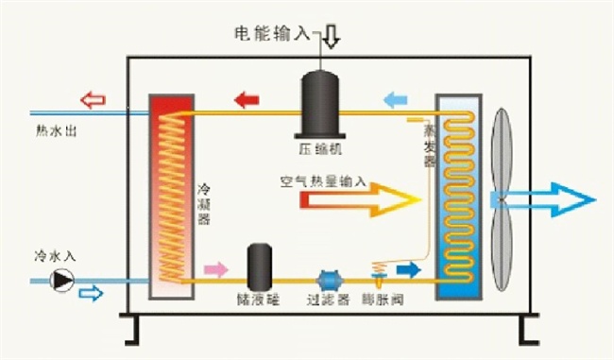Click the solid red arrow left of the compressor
pyautogui.click(x=247, y=98)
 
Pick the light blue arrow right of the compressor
pyautogui.click(x=396, y=98)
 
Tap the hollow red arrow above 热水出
pyautogui.click(x=92, y=98)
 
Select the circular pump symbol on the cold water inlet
pyautogui.click(x=61, y=280)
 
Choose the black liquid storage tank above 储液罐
pyautogui.click(x=261, y=267)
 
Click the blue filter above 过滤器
pyautogui.click(x=329, y=281)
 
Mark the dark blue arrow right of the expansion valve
pyautogui.click(x=408, y=270)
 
